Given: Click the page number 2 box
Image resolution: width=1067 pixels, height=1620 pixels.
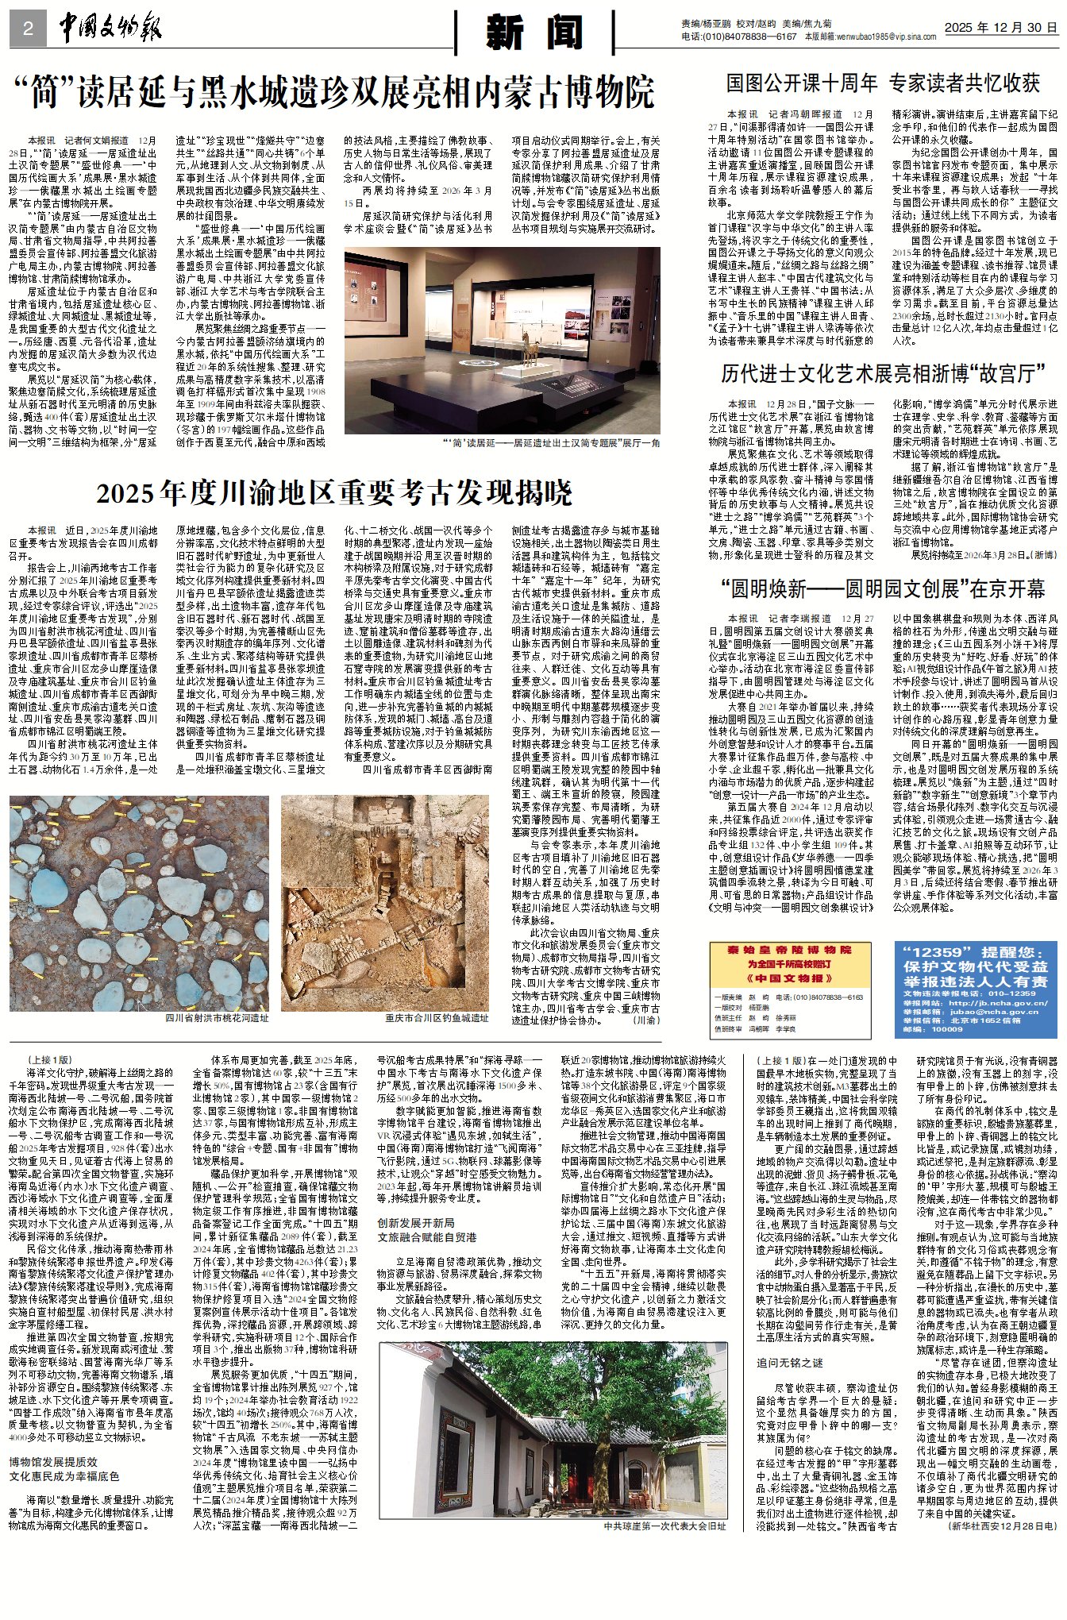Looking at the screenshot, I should (28, 29).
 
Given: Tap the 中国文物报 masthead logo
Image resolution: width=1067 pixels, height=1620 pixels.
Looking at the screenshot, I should (110, 29).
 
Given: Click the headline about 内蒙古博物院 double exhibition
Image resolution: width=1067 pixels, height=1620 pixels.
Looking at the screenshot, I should (335, 93).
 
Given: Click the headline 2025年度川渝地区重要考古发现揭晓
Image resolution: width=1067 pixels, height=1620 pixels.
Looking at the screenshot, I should (334, 493).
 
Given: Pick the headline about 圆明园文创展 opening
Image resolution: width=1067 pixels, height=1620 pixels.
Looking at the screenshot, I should (883, 588).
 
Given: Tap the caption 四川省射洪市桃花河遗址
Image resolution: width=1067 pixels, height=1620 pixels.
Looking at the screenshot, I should (217, 1017).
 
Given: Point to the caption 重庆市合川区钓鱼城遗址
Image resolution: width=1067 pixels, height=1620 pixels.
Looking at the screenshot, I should (437, 1017).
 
